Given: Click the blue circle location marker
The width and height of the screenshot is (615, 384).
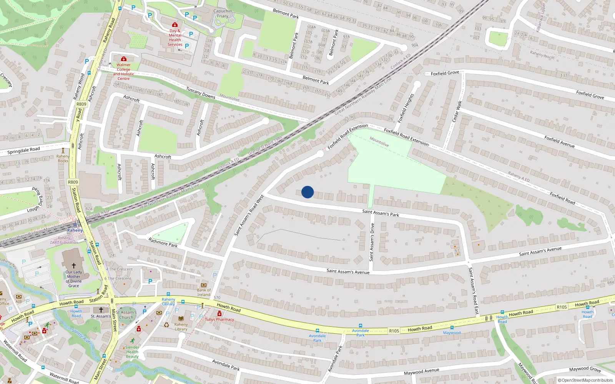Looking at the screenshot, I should click(x=307, y=192).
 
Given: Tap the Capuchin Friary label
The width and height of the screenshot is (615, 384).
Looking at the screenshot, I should click(x=223, y=13).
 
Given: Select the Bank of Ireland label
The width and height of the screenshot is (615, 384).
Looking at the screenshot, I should click(x=204, y=293).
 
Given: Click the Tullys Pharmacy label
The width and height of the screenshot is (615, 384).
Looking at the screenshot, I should click(x=219, y=319).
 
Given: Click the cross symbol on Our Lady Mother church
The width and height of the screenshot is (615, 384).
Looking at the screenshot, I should click(x=74, y=265).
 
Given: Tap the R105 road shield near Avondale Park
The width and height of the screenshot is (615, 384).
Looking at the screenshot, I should click(x=394, y=331).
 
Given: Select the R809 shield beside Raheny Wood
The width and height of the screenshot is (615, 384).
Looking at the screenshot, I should click(x=81, y=104).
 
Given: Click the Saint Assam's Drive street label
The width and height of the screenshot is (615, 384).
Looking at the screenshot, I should click(x=372, y=242).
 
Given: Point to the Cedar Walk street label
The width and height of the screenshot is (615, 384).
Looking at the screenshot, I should click(x=456, y=111).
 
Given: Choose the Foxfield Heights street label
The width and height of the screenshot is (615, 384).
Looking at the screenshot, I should click(x=406, y=108).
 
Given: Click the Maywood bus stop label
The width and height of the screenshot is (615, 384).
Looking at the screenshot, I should click(x=452, y=333).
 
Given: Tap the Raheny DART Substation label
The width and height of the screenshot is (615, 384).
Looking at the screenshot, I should click(x=64, y=240).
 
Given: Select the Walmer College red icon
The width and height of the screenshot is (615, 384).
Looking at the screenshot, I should click(x=123, y=59).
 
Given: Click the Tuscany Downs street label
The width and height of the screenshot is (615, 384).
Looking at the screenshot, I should click(x=201, y=93).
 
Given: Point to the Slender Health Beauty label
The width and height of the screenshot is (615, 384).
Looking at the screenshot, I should click(x=132, y=352).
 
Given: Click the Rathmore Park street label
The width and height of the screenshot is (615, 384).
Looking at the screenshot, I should click(x=163, y=242).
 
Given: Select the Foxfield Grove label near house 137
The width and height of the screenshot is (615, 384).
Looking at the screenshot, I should click(x=445, y=73).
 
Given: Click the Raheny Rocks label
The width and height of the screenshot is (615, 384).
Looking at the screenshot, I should click(x=63, y=159).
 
